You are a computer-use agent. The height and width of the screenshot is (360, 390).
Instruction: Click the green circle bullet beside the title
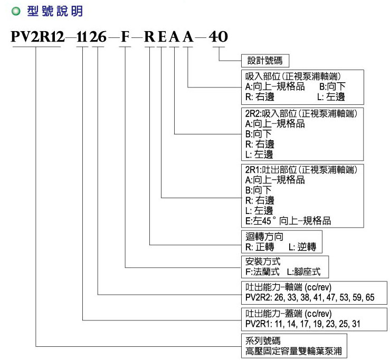point(16,12)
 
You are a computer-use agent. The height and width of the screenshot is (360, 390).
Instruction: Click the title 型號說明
point(55,12)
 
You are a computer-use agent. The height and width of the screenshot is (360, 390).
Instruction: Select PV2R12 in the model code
point(38,37)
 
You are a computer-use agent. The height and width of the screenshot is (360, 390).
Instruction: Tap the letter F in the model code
point(126,37)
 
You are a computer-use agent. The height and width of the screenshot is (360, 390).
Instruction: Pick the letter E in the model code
point(162,37)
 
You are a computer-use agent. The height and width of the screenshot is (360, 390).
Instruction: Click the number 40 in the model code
point(218,37)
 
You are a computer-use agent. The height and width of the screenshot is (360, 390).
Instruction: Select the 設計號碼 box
point(265,61)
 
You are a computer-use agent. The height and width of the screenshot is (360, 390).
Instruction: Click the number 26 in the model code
point(98,37)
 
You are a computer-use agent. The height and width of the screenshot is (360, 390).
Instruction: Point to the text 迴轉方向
point(264,236)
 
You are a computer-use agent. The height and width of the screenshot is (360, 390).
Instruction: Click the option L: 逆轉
point(302,247)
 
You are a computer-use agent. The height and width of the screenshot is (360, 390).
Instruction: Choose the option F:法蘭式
point(262,272)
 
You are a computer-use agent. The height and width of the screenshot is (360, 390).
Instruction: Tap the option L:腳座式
point(303,272)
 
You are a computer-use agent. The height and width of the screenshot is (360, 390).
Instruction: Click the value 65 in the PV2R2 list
point(370,297)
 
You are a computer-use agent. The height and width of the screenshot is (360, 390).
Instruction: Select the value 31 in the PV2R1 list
point(356,324)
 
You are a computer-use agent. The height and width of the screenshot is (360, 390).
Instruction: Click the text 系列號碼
point(263,340)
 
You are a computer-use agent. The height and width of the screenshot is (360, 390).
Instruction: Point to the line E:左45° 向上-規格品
point(288,221)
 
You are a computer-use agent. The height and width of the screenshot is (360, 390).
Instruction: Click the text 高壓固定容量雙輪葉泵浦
point(293,351)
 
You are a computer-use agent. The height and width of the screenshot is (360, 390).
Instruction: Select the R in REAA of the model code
point(150,37)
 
